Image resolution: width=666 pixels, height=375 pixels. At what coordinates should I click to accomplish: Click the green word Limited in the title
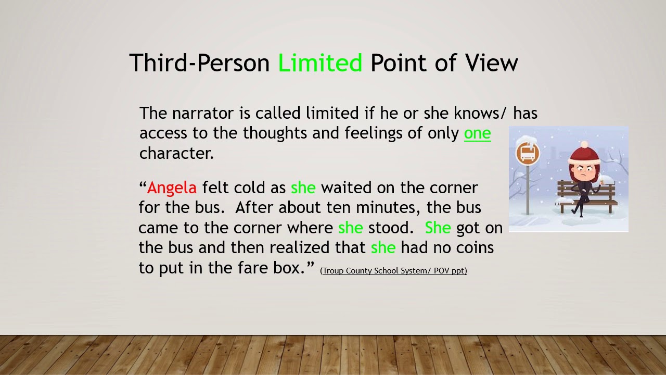320,63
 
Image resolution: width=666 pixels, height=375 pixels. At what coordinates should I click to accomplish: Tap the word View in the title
492,63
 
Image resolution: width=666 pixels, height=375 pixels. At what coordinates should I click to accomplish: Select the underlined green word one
477,133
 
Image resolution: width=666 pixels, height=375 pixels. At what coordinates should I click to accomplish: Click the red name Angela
172,187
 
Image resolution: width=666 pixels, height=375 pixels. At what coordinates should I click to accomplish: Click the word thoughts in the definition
275,133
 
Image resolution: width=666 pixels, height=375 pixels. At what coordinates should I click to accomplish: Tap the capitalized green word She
438,228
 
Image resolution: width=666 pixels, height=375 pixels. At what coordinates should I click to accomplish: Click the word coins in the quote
475,247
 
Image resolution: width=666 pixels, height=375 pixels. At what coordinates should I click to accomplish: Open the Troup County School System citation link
393,271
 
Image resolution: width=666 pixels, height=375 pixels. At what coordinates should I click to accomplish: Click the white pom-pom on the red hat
584,144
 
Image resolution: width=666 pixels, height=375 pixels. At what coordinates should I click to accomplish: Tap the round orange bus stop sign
528,154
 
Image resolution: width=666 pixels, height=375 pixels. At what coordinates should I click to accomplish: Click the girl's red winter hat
585,155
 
